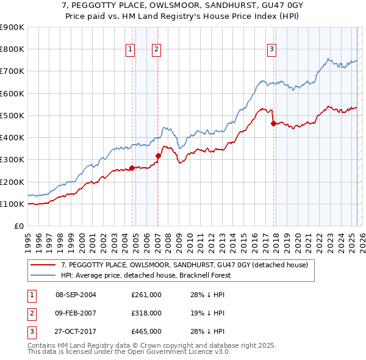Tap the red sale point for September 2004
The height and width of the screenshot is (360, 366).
pyautogui.click(x=132, y=168)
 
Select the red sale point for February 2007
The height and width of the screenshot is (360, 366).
pyautogui.click(x=158, y=156)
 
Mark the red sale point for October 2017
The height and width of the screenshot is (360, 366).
pyautogui.click(x=273, y=123)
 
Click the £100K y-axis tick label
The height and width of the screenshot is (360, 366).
pyautogui.click(x=12, y=204)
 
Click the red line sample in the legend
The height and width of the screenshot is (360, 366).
pyautogui.click(x=44, y=265)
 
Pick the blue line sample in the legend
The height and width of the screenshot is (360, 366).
pyautogui.click(x=44, y=275)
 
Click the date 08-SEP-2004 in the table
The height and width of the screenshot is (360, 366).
pyautogui.click(x=76, y=295)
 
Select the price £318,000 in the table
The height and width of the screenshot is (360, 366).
pyautogui.click(x=146, y=313)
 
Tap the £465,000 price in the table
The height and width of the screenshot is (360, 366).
pyautogui.click(x=146, y=331)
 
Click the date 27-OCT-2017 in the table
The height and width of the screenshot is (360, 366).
pyautogui.click(x=76, y=331)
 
